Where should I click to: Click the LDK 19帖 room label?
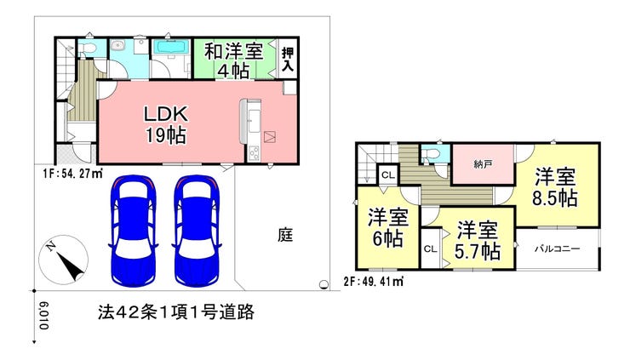(x=166, y=125)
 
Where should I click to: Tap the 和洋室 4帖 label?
(x=233, y=60)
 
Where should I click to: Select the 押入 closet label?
(x=288, y=60)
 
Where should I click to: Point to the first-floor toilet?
(x=88, y=49)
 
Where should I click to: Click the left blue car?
(x=133, y=231)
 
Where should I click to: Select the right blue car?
(x=197, y=231)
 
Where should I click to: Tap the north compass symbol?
(x=63, y=260)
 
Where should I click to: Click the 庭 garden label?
(x=285, y=235)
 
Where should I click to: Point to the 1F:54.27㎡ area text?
(x=72, y=174)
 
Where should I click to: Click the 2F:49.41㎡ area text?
(x=373, y=281)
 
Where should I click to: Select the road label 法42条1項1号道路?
(x=176, y=311)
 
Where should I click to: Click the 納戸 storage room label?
(x=483, y=164)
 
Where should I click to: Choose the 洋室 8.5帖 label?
(x=555, y=187)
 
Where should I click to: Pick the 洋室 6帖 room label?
(x=387, y=228)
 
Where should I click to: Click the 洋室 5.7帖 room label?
(x=478, y=241)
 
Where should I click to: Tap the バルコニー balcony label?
(x=558, y=249)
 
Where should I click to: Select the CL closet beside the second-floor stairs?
(x=388, y=174)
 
